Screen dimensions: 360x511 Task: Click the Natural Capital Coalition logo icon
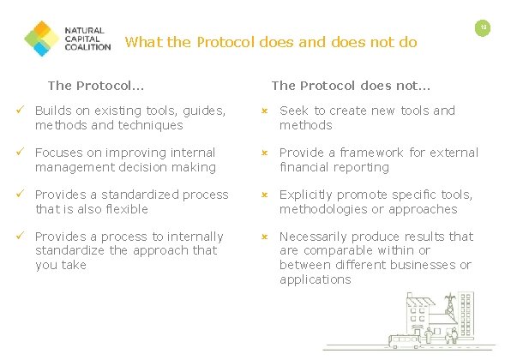[41, 37]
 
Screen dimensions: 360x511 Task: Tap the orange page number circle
[484, 28]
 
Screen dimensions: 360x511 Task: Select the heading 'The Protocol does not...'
[351, 85]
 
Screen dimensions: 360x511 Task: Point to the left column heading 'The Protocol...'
[95, 85]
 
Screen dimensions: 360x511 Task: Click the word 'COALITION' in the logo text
[87, 47]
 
